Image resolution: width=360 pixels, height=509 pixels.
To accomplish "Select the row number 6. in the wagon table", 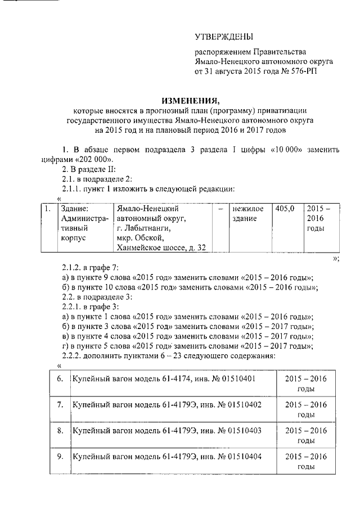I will tap(60, 379).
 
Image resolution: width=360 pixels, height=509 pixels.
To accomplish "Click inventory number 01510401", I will tap(236, 379).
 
